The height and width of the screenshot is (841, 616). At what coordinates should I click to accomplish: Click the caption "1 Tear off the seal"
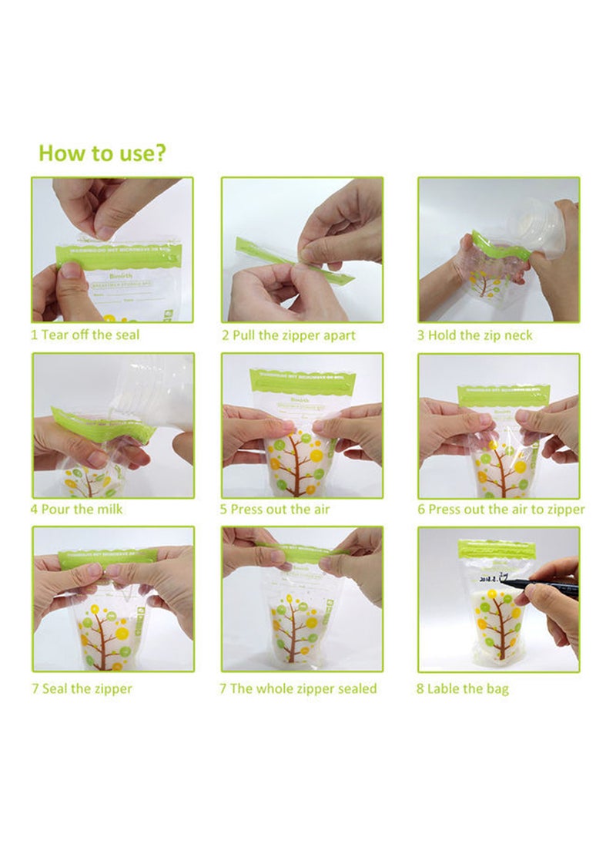(x=85, y=335)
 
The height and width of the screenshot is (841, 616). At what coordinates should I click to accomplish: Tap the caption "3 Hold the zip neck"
(x=474, y=335)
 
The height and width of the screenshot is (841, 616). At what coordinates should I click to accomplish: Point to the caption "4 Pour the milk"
(x=76, y=510)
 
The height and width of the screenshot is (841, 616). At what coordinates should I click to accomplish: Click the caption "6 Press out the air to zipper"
(x=501, y=510)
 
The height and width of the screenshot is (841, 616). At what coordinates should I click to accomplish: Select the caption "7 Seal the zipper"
(x=81, y=688)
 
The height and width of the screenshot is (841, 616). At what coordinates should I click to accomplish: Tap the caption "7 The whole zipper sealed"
(x=298, y=688)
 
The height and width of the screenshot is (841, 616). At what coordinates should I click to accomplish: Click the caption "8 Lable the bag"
(x=463, y=688)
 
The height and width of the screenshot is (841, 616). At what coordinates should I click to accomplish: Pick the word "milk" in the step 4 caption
(x=108, y=510)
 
